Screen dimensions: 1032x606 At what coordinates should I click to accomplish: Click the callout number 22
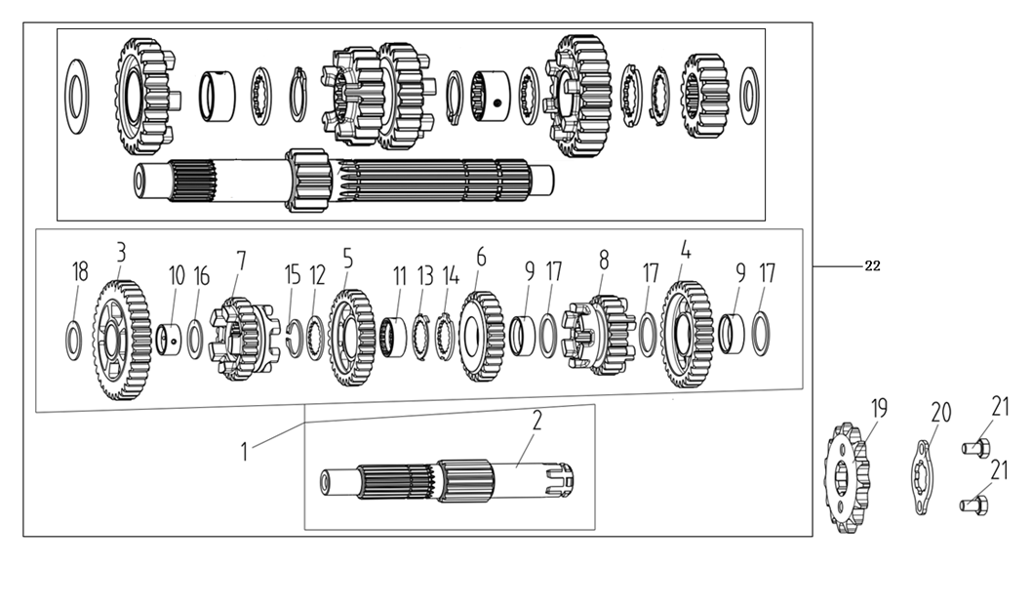pos(872,266)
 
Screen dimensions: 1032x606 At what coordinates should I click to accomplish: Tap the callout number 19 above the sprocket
pos(879,408)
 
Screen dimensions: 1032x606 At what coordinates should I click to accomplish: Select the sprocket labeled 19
pos(847,478)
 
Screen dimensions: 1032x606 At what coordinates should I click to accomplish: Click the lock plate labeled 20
pos(922,477)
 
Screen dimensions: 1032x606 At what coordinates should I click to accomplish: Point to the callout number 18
pos(80,271)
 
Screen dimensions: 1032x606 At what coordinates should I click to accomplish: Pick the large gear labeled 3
pos(122,340)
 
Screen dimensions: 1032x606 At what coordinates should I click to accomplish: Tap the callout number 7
pos(241,261)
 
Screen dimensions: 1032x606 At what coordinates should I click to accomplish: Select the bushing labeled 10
pos(170,339)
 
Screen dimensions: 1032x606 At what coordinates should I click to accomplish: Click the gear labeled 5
pos(351,338)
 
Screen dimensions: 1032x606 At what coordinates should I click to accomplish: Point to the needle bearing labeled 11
pos(394,338)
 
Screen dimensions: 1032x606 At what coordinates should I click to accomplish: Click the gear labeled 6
pos(481,337)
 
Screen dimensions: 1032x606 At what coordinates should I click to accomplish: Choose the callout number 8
pos(604,261)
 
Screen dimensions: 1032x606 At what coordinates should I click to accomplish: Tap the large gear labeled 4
pos(687,334)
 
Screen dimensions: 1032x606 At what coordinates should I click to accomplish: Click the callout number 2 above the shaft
pos(537,421)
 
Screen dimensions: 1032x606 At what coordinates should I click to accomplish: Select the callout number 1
pos(244,452)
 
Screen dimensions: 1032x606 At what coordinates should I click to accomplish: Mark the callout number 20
pos(940,413)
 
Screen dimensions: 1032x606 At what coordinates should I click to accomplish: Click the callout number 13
pos(426,276)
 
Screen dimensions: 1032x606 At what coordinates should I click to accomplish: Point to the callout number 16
pos(201,277)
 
